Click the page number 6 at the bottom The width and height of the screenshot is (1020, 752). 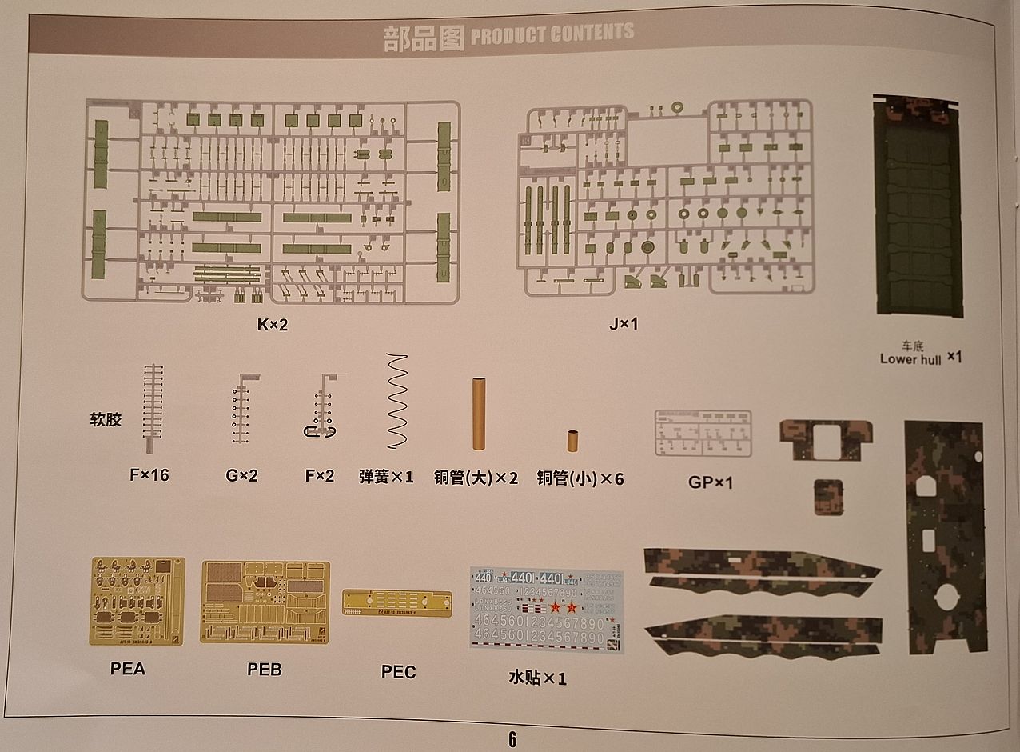[512, 739]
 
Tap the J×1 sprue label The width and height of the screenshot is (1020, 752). [624, 324]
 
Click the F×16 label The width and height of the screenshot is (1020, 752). [149, 475]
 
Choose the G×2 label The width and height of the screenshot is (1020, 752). [241, 475]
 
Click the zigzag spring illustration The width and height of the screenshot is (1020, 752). [396, 402]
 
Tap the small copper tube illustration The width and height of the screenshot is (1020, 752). [573, 441]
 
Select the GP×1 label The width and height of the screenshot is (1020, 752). [710, 482]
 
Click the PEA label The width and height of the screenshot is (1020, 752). [128, 669]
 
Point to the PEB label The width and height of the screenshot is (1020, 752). [265, 669]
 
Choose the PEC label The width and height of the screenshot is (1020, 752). [398, 672]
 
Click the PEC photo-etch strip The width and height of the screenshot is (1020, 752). [396, 602]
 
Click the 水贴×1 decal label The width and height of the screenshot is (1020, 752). [537, 678]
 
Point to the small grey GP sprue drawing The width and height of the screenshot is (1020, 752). [703, 433]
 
